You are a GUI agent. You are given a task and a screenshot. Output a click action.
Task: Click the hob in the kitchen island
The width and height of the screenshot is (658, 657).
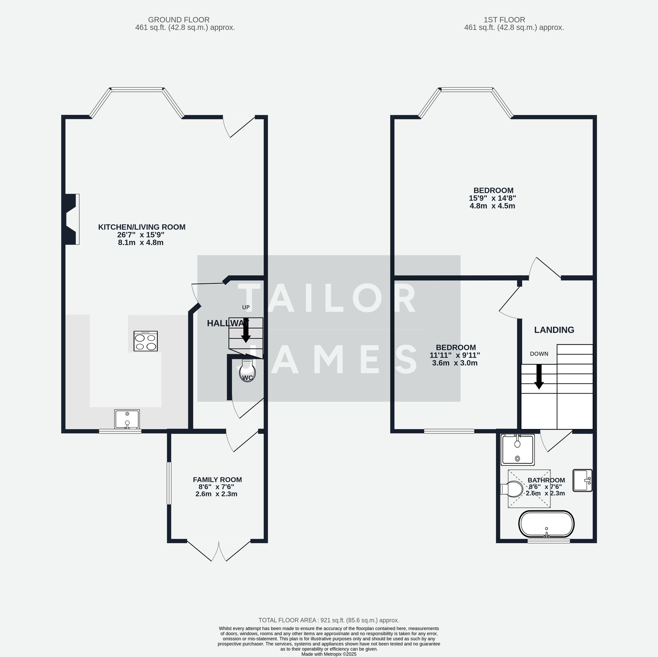click(146, 341)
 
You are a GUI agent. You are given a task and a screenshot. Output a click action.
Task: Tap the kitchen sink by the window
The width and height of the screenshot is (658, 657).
click(127, 419)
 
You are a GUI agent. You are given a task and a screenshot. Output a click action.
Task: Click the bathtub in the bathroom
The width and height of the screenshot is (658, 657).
click(546, 524)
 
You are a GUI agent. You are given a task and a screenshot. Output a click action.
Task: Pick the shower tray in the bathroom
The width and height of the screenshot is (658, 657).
click(517, 450)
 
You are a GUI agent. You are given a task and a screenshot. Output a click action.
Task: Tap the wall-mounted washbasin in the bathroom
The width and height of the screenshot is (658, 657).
click(583, 481)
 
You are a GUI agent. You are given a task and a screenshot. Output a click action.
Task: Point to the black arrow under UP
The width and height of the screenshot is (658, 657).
click(246, 330)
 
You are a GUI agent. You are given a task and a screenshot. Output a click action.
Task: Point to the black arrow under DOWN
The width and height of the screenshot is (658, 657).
click(539, 377)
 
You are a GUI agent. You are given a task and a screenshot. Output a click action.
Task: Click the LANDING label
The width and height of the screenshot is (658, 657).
click(554, 330)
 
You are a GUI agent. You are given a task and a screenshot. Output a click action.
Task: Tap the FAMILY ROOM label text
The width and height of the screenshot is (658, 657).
click(217, 480)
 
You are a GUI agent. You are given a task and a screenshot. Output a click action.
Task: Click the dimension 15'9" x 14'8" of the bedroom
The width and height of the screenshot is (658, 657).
click(492, 198)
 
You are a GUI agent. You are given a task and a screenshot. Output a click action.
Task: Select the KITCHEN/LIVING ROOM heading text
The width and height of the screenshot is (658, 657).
click(142, 227)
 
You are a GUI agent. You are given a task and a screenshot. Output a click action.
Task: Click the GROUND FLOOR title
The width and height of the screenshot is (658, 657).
click(179, 20)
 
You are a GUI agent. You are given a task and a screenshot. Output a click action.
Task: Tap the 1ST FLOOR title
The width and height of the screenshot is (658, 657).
click(504, 20)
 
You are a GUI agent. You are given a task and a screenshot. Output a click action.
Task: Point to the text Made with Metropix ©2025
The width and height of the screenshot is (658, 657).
click(329, 654)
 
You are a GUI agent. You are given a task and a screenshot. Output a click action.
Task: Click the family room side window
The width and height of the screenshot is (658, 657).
click(168, 483)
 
